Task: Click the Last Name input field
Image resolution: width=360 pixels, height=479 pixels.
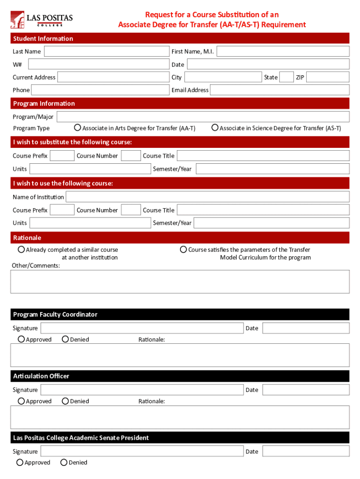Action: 106,51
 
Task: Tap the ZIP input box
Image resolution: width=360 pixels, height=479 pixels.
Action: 328,77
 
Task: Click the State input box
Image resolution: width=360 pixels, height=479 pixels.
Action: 286,77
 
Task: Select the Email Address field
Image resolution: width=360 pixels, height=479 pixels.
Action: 280,90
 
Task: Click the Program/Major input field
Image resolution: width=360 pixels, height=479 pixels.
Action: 203,116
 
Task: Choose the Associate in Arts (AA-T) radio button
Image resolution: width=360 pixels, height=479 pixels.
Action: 78,128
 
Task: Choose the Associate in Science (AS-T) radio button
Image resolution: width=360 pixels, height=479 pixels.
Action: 215,128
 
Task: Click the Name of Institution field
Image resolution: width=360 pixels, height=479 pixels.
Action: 208,196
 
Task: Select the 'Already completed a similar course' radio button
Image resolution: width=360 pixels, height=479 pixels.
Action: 22,250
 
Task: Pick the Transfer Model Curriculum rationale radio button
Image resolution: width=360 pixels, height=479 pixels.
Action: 184,250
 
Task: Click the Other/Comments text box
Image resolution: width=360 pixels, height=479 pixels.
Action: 180,282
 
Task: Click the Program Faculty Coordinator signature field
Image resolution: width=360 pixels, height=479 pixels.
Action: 142,328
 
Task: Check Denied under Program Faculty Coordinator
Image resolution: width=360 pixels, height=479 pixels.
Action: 65,339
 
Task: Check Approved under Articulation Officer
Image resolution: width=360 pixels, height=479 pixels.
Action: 22,401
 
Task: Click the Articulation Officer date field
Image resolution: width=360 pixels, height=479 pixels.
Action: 306,390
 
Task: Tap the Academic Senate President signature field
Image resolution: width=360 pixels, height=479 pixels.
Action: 142,451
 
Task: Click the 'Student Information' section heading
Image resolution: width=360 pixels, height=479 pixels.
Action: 43,38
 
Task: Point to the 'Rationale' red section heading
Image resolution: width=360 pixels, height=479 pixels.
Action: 27,238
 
